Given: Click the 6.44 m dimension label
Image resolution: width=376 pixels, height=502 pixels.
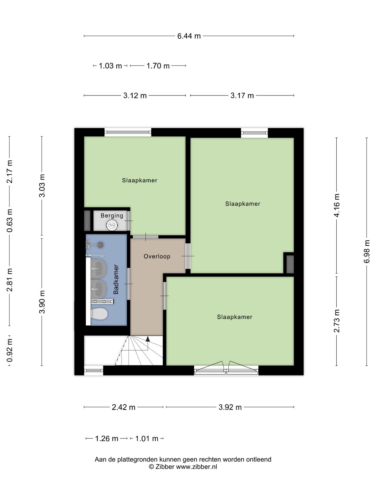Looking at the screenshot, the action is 189,36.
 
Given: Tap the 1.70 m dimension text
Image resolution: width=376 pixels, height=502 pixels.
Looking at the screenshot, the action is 158,66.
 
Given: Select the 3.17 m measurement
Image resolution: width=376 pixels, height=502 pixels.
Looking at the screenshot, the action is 242,96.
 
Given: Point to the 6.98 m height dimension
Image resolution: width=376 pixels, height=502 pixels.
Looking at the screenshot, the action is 366,251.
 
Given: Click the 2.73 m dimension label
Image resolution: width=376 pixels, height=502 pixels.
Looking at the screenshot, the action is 337,321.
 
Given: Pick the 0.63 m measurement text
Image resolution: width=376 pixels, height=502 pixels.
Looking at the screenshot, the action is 10,220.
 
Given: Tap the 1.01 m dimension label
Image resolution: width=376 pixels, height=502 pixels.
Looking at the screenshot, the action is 147,439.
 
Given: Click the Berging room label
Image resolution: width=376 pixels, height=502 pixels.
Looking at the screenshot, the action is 112,215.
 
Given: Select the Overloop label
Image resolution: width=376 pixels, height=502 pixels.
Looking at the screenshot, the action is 157,256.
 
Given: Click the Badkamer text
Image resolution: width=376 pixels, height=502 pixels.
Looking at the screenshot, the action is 116,279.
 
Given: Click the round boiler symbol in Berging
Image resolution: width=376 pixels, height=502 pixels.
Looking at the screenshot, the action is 112,226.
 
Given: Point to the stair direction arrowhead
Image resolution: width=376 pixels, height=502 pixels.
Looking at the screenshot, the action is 148,339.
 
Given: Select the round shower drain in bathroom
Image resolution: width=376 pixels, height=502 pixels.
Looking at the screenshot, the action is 101,245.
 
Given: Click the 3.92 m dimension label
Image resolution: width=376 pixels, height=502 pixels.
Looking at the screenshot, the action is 230,407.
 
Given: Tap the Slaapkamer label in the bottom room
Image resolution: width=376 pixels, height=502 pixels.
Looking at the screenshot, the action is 234,317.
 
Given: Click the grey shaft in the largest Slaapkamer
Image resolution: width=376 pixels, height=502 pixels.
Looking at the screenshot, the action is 290,264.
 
